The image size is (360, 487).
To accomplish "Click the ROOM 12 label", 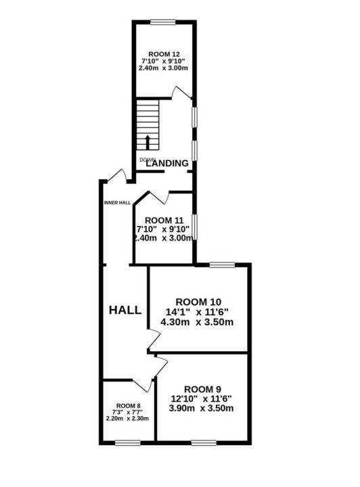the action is pos(164,54).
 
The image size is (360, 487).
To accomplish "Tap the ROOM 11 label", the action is pos(164,221).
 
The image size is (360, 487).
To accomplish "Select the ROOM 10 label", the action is pos(198,302).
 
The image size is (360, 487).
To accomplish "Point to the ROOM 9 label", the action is pos(203,389).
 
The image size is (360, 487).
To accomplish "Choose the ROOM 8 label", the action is pos(129,406).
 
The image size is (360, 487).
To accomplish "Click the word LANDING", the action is pos(167,163).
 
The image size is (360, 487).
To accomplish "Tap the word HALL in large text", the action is pos(125,310).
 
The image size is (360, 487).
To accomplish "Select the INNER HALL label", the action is pos(117,203).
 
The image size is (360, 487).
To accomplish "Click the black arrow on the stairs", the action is pos(148,142).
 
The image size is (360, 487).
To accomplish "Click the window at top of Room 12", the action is pos(163,22).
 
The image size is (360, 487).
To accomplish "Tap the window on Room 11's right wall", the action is pos(194,227).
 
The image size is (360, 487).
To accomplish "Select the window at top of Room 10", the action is pos(222,264).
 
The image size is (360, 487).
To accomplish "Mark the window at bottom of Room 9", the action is pos(204,442).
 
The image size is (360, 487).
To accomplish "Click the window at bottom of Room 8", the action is pos(127,442).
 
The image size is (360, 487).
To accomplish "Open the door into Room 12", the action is pos(182,93).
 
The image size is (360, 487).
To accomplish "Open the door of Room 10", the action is pos(154,340).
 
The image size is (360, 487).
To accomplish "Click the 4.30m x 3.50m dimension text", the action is pos(197,322).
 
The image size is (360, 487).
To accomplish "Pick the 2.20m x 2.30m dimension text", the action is pos(127,419).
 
